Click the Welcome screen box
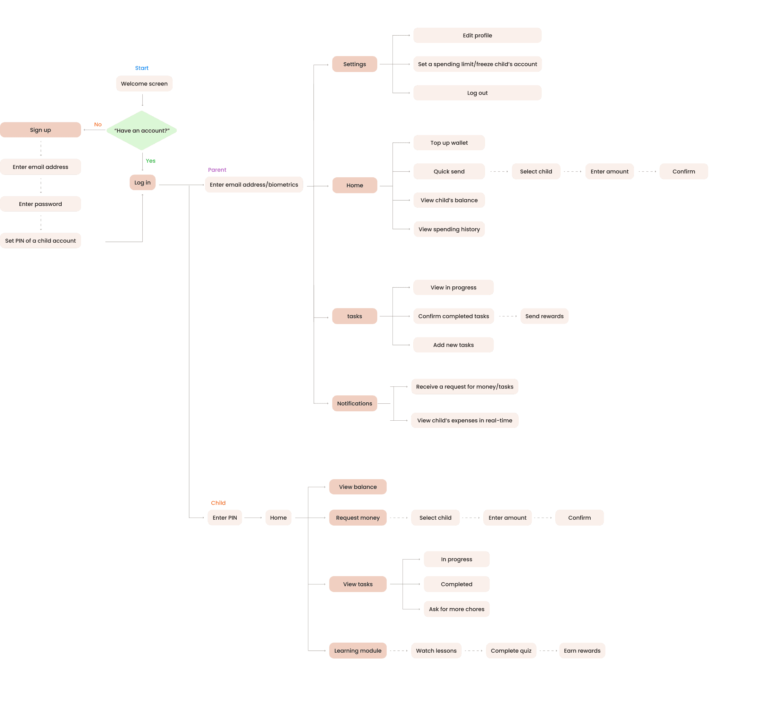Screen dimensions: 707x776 144,83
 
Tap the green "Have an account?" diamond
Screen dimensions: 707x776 142,131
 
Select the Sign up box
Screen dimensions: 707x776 41,129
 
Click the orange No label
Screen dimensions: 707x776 98,124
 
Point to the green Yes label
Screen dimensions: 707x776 150,161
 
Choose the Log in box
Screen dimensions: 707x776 142,182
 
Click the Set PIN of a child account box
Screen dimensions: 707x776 41,240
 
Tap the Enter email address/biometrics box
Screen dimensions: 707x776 254,185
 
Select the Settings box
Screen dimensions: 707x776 354,64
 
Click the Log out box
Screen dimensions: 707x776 477,93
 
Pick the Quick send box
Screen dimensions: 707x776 449,171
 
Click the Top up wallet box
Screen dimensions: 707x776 449,143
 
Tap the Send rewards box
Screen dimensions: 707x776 544,316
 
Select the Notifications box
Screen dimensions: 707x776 354,403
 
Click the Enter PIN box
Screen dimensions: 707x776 225,517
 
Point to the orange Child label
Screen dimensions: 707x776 218,503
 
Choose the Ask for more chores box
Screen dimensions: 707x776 457,609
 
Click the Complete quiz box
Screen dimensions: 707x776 511,651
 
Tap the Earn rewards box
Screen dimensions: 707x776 582,651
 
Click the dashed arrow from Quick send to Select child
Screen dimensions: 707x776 499,171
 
